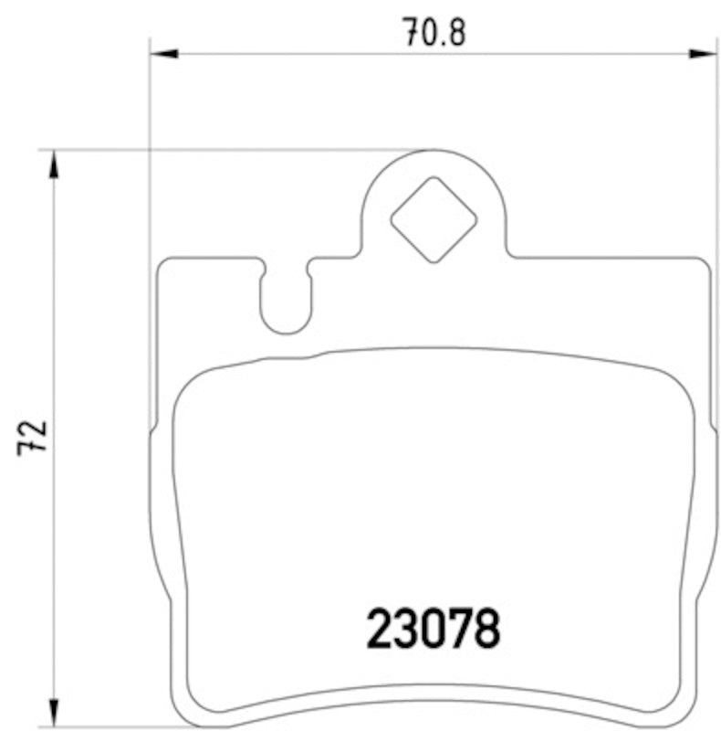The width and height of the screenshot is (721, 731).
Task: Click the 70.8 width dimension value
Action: pos(435,33)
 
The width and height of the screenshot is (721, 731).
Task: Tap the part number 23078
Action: pos(434,630)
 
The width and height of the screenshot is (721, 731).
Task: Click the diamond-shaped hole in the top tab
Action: pos(434,219)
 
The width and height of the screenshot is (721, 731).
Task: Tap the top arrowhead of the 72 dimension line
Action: pos(54,164)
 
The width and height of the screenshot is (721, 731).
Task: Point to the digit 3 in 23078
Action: pos(407,630)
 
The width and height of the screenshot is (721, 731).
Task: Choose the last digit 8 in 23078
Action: pos(487,630)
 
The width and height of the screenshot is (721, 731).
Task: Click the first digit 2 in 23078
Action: pos(381,630)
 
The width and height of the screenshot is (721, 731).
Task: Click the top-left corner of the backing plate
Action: pos(162,262)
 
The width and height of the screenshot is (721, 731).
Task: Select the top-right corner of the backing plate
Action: pos(705,262)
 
